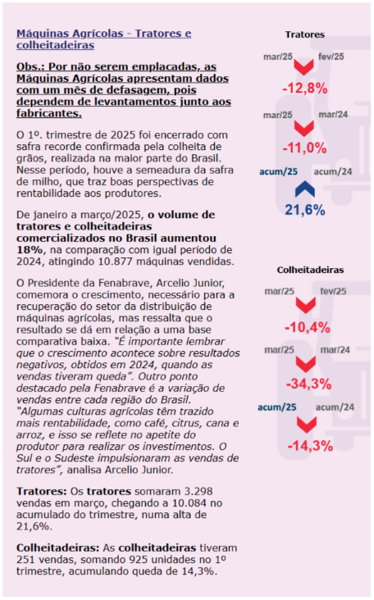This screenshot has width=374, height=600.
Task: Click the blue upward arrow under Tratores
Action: [x=305, y=189]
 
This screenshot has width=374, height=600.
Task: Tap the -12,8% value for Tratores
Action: [x=305, y=89]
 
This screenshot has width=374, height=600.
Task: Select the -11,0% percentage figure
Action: [x=305, y=148]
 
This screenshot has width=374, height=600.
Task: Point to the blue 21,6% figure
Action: [x=305, y=210]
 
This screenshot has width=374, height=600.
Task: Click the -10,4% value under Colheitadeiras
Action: [x=307, y=328]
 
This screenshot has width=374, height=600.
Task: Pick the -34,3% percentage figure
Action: [x=308, y=384]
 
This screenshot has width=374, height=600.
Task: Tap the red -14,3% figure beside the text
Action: [x=310, y=446]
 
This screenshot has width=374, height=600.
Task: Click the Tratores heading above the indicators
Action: [x=305, y=34]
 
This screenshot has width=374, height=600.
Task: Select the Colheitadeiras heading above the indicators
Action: [x=310, y=270]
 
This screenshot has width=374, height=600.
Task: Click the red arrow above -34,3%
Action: [x=306, y=363]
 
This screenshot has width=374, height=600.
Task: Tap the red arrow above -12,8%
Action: [x=304, y=67]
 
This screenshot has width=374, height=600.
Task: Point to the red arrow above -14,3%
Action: [x=307, y=425]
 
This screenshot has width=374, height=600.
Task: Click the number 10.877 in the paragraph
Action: [x=113, y=261]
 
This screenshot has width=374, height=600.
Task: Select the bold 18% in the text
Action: [x=30, y=250]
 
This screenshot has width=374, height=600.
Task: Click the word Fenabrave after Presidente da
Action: [x=122, y=283]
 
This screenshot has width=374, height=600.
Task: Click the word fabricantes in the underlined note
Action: [x=49, y=114]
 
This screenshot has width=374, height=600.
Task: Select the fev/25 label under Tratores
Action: [x=331, y=57]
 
